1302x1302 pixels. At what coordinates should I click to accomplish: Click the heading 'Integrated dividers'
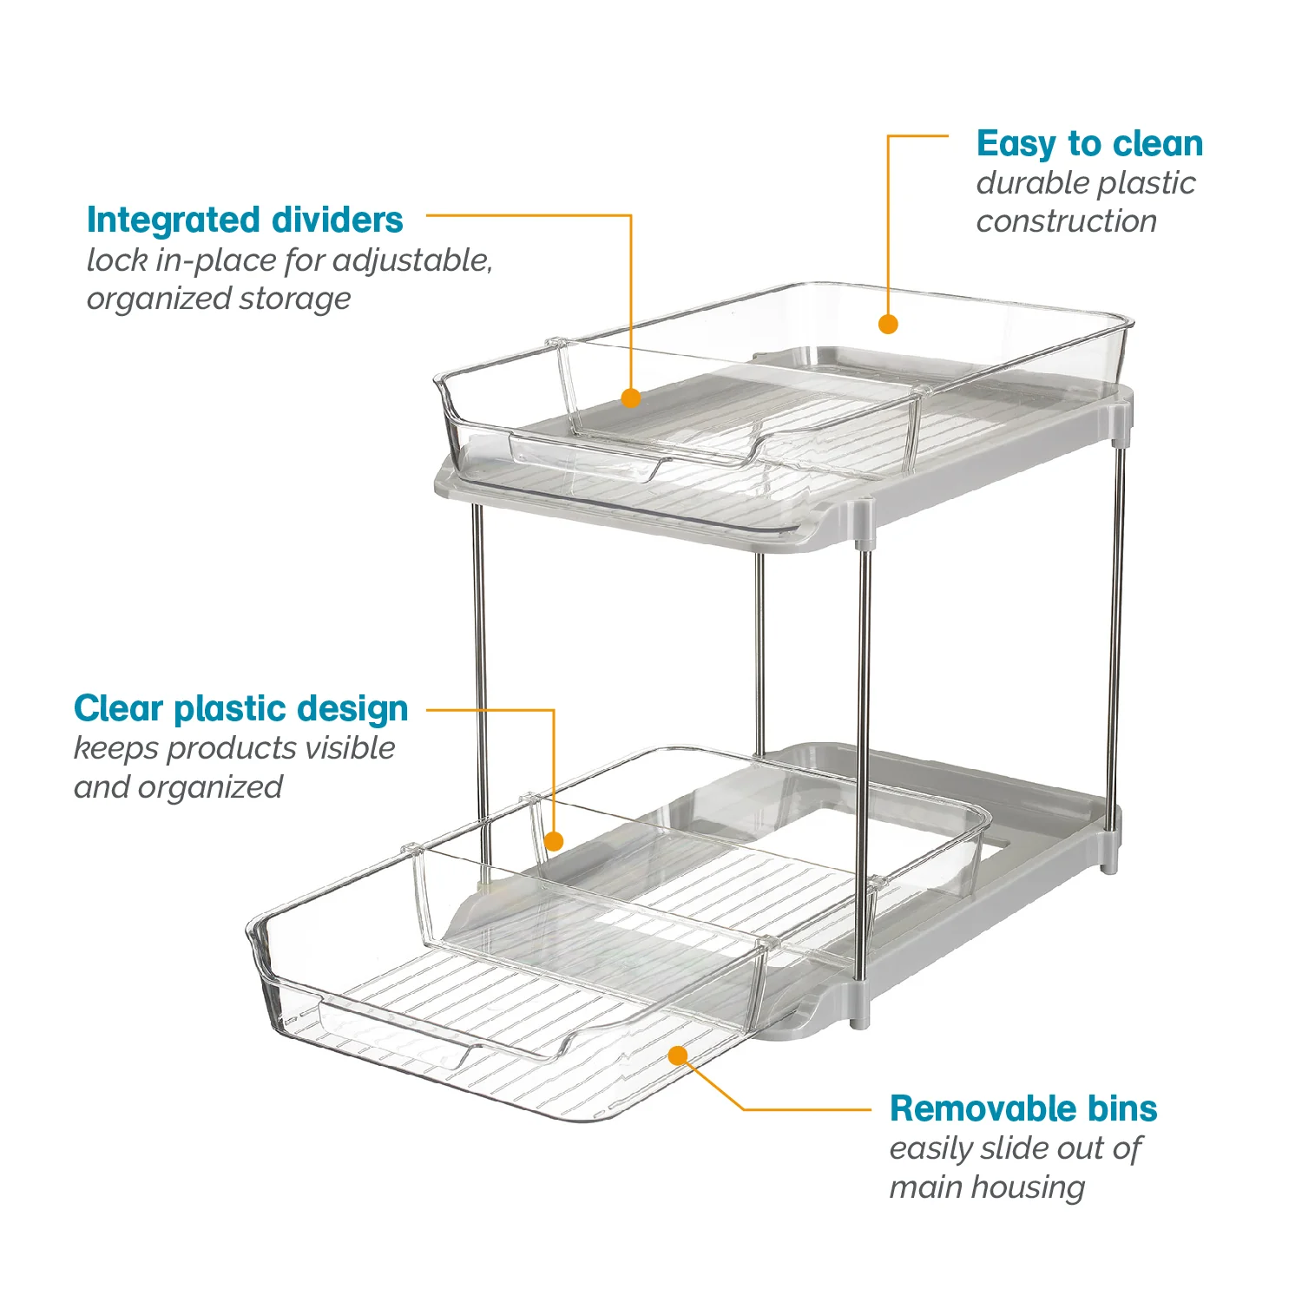(245, 220)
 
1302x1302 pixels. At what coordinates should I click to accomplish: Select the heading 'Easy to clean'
(1089, 144)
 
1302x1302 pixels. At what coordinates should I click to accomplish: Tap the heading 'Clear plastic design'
(241, 709)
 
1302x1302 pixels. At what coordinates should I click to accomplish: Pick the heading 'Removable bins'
(1023, 1108)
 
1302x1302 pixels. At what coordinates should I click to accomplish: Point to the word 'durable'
(1026, 183)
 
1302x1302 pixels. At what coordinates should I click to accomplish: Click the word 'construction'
(1067, 221)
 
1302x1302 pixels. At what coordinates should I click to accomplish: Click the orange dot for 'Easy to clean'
(887, 325)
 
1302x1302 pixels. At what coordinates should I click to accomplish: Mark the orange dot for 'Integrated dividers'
(631, 398)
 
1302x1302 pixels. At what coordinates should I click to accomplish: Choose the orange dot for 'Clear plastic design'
(554, 841)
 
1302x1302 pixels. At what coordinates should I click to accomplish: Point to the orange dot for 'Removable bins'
(678, 1055)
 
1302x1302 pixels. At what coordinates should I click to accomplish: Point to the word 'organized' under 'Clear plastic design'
(210, 788)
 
